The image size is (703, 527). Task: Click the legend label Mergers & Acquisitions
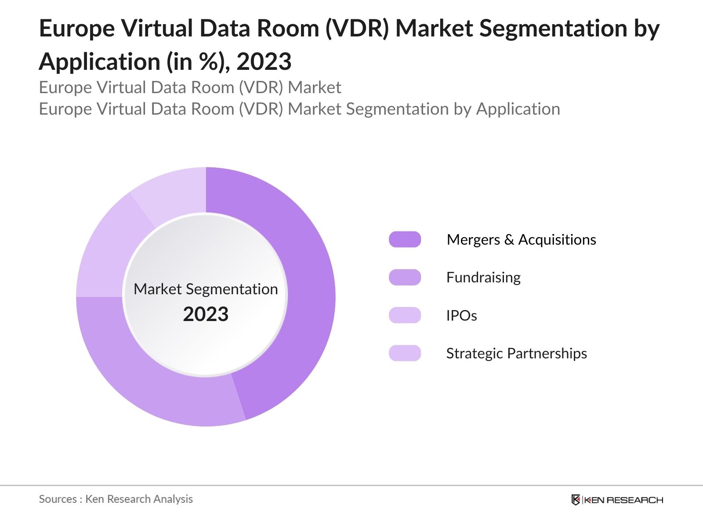click(x=521, y=240)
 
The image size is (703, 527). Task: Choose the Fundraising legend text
click(x=483, y=278)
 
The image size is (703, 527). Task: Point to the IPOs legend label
click(x=461, y=315)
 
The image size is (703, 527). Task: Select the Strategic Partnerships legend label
click(x=516, y=354)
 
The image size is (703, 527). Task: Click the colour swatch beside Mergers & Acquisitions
click(x=405, y=240)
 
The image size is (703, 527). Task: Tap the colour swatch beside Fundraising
click(x=405, y=278)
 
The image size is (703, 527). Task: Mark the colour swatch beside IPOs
click(x=405, y=315)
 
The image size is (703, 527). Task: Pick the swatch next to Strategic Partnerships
click(x=405, y=354)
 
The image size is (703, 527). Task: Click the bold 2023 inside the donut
click(x=206, y=314)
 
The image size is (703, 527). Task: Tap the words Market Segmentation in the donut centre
click(x=206, y=289)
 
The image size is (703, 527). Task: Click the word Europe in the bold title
click(x=77, y=29)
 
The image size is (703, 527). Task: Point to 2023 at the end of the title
click(x=264, y=61)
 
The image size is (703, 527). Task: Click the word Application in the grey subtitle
click(x=518, y=109)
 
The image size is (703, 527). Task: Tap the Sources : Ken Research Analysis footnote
click(x=116, y=499)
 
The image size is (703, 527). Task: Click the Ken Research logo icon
click(x=576, y=500)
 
